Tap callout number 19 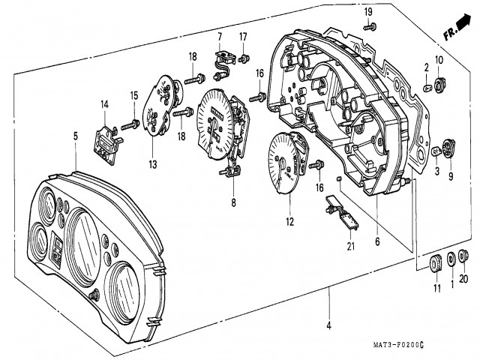[368, 12]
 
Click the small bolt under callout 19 [370, 28]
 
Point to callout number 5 [75, 136]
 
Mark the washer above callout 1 [450, 260]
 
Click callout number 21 [349, 247]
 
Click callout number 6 [376, 242]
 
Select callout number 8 [232, 202]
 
